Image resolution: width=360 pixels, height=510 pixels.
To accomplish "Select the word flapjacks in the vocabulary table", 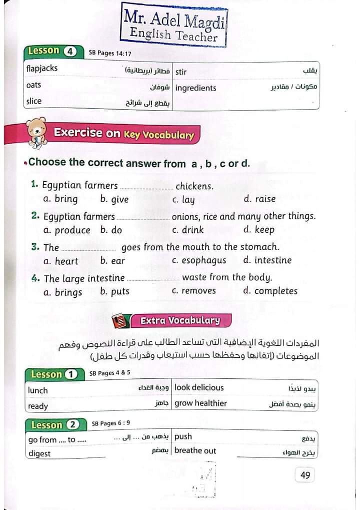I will [x=42, y=69].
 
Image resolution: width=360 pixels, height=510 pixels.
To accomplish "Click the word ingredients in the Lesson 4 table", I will [x=196, y=88].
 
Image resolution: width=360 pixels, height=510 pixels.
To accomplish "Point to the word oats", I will [x=33, y=85].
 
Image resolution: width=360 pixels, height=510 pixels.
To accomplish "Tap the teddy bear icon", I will [x=35, y=133].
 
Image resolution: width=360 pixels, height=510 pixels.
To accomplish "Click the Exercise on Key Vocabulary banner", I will [x=123, y=134].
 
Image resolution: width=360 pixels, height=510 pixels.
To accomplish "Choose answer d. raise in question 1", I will [x=259, y=199].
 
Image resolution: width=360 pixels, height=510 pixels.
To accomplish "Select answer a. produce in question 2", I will [x=66, y=230].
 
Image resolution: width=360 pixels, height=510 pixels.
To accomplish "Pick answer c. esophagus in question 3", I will [x=199, y=260].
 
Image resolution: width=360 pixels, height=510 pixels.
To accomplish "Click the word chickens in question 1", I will [x=194, y=186].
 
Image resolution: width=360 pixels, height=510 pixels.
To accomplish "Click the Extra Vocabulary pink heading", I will [x=179, y=320].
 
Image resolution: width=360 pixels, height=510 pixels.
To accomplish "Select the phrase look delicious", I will [x=199, y=387].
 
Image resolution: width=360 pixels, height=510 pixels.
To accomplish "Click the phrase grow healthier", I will [x=200, y=403].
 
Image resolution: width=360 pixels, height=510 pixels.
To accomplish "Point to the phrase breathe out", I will [x=195, y=450].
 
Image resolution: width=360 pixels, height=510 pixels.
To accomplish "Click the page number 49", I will [x=305, y=475].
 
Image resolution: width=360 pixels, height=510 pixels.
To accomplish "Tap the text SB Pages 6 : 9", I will [x=111, y=424].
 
